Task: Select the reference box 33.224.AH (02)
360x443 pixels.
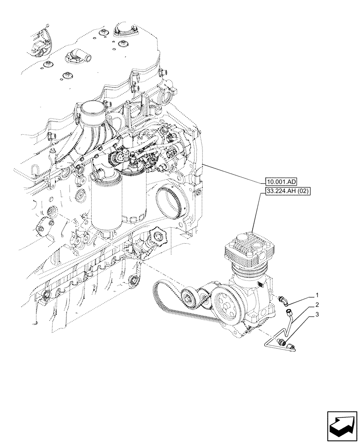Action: [287, 192]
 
